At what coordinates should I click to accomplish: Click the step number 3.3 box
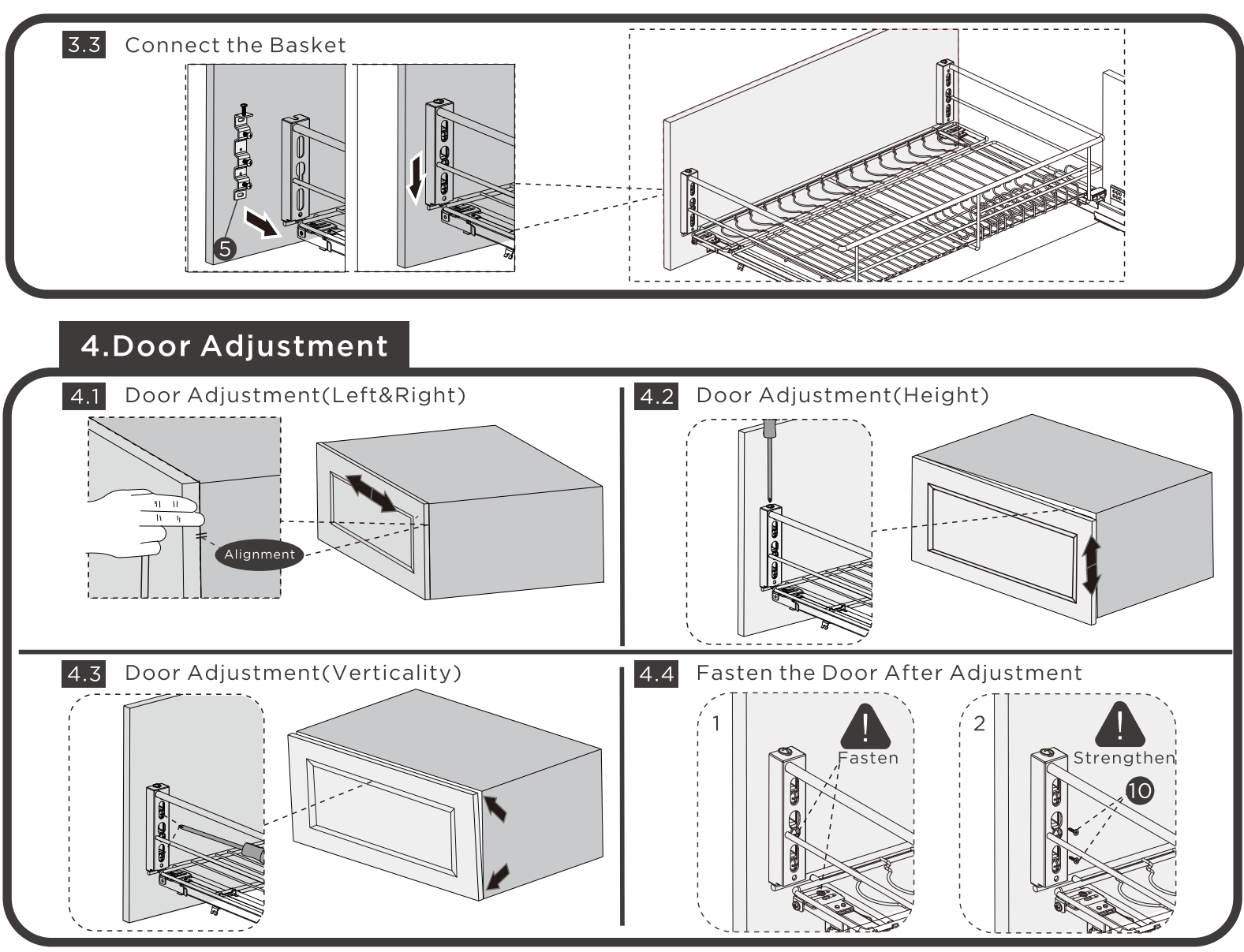click(x=84, y=45)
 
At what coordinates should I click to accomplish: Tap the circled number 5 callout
click(x=225, y=249)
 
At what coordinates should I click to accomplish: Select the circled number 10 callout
click(x=1140, y=790)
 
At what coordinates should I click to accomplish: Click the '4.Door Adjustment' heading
click(x=234, y=346)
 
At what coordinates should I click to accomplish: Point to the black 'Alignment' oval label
click(x=259, y=554)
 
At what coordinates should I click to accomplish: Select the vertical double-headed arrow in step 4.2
click(x=1092, y=565)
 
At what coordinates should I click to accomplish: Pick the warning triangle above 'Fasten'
click(x=865, y=726)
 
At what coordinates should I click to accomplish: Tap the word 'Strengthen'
click(x=1123, y=758)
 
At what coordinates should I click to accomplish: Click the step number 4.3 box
click(x=84, y=674)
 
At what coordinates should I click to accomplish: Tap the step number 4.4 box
click(x=656, y=674)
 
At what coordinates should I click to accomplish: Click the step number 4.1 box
click(x=84, y=396)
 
